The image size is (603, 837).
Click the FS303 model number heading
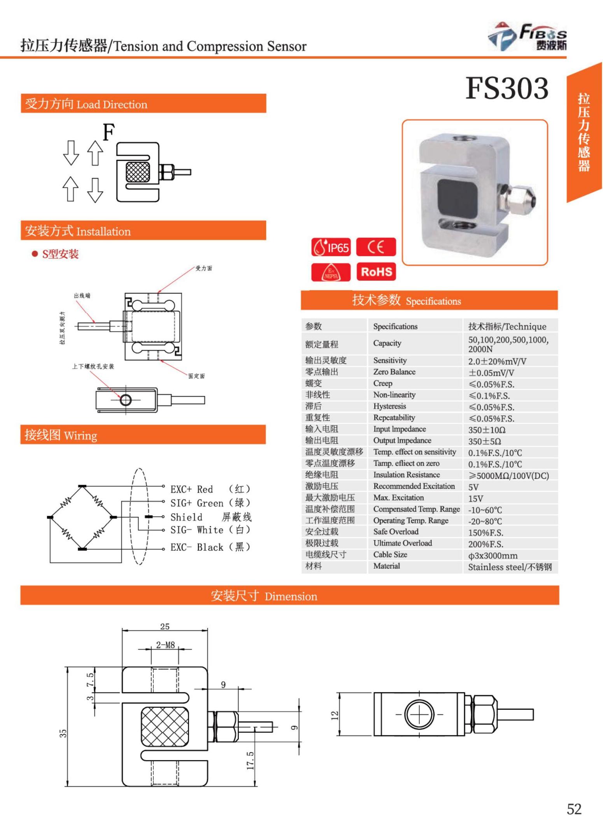tap(507, 88)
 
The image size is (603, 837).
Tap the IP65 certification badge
tap(331, 247)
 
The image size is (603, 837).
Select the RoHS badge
tap(376, 271)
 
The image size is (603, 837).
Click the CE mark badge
tap(376, 247)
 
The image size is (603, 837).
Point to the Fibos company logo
tap(527, 37)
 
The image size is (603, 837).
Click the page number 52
tap(574, 809)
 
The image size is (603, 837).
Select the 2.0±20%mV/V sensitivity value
tap(497, 361)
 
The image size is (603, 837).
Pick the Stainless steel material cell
tap(510, 567)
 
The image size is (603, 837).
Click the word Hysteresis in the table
tap(389, 406)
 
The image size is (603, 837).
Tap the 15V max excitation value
tap(475, 498)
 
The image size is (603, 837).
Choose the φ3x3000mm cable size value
tap(493, 555)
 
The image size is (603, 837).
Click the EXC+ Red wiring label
tap(192, 489)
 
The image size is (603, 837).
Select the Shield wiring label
tap(186, 517)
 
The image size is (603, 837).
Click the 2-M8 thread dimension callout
tap(165, 645)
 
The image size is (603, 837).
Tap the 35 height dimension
tap(63, 733)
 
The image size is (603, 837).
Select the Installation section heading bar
tap(143, 231)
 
